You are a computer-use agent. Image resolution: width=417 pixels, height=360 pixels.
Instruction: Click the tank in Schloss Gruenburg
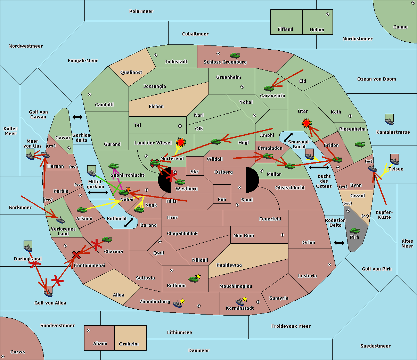pos(235,55)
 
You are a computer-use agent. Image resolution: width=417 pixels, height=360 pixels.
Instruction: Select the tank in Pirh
pos(354,231)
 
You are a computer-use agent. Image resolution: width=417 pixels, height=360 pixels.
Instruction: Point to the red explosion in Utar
pos(306,123)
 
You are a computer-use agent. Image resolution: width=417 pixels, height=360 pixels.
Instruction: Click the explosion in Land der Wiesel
pos(181,142)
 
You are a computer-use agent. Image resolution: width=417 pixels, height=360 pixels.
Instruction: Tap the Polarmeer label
pos(141,11)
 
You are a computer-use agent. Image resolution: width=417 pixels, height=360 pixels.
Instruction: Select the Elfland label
pos(285,30)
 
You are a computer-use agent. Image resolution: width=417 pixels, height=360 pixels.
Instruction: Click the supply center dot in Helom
pos(328,14)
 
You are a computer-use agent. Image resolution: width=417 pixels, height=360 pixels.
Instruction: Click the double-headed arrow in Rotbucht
pos(129,223)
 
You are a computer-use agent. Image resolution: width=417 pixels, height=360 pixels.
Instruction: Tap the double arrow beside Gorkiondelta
pos(77,117)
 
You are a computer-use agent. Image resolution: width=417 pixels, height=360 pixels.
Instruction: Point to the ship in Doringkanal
pos(28,246)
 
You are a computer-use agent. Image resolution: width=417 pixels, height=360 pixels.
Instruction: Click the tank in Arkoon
pos(82,210)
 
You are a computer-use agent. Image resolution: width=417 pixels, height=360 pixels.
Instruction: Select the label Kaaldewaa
pos(229,265)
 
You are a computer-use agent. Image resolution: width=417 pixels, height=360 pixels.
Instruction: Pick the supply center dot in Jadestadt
pos(156,55)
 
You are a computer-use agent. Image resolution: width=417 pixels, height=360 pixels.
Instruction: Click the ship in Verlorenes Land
pos(60,220)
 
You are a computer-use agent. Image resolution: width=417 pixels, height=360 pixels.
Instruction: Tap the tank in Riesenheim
pos(360,144)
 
